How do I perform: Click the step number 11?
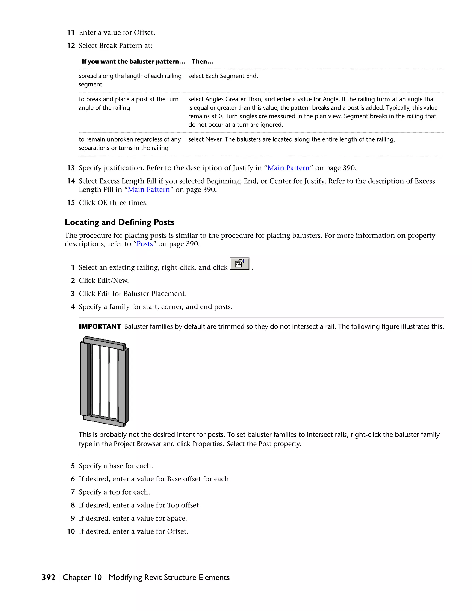71,33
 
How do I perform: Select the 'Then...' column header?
202,62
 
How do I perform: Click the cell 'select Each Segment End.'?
223,76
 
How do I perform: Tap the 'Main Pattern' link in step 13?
288,168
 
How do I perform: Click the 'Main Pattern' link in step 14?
149,190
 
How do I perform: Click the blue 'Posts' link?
145,244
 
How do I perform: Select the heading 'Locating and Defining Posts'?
119,222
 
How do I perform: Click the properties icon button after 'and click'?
239,264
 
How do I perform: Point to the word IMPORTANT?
100,326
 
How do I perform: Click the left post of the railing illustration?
84,379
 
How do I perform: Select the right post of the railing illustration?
123,386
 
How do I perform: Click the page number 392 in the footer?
49,577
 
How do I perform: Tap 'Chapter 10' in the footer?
82,577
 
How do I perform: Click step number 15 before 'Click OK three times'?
71,203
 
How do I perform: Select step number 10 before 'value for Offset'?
71,531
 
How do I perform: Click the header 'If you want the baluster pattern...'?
133,62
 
